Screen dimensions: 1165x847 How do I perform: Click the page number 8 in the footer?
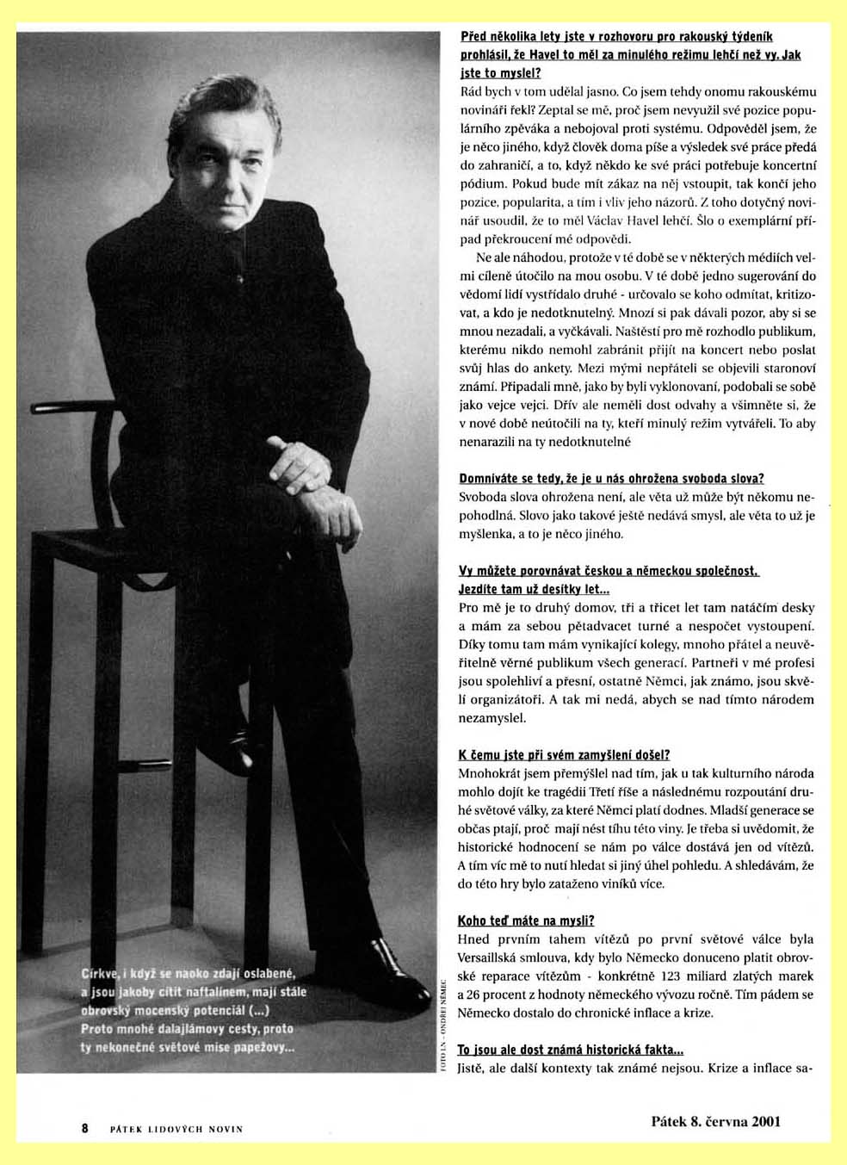[x=85, y=1128]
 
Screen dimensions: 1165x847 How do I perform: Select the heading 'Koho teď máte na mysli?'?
[x=526, y=920]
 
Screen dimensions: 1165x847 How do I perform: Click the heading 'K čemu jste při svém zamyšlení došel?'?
[x=564, y=755]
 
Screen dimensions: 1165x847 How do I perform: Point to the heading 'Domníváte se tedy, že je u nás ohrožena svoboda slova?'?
[x=611, y=479]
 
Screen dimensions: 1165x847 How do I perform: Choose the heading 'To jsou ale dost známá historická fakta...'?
[x=571, y=1050]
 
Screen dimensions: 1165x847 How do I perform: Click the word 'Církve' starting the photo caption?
[x=100, y=974]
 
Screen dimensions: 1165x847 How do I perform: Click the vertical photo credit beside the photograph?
[x=443, y=1025]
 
